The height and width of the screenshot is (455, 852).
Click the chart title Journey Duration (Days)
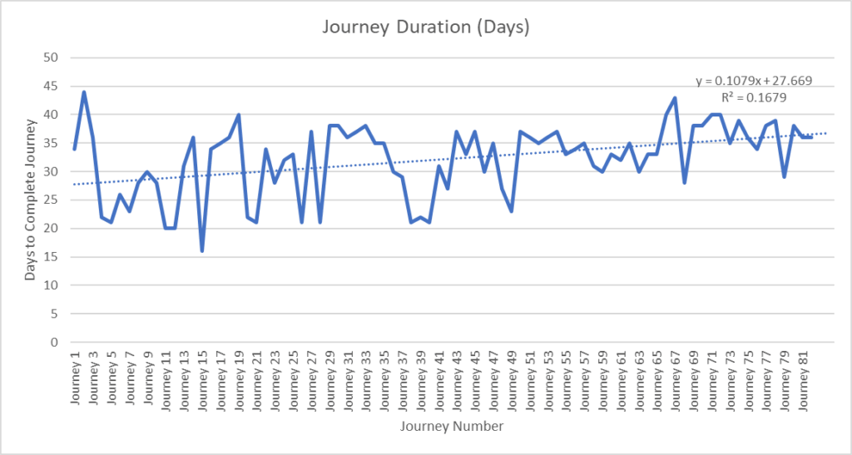tap(425, 27)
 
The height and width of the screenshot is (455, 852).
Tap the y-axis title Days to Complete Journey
tap(30, 199)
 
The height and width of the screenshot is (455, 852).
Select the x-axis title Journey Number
tap(450, 427)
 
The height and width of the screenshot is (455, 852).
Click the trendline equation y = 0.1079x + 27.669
tap(754, 81)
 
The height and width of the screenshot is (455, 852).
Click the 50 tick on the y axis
tap(52, 57)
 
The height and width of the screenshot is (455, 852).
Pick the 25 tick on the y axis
tap(52, 200)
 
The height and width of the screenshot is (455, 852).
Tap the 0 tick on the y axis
tap(55, 342)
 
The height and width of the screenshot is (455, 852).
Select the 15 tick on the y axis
tap(52, 256)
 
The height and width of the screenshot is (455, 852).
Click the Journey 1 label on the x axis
tap(75, 374)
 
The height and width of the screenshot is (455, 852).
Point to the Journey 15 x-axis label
tap(202, 378)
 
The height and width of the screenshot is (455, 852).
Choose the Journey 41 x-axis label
tap(439, 378)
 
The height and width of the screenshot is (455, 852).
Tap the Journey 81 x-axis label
tap(804, 378)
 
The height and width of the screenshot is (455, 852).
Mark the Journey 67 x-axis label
tap(676, 378)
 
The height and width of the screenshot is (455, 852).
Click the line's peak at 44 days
tap(84, 92)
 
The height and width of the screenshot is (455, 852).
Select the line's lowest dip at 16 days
tap(202, 250)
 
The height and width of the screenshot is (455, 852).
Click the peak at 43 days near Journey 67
tap(675, 98)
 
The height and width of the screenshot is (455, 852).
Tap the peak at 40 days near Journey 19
tap(239, 115)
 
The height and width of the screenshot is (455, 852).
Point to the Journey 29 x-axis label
tap(329, 378)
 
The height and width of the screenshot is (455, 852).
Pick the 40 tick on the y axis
tap(52, 115)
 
